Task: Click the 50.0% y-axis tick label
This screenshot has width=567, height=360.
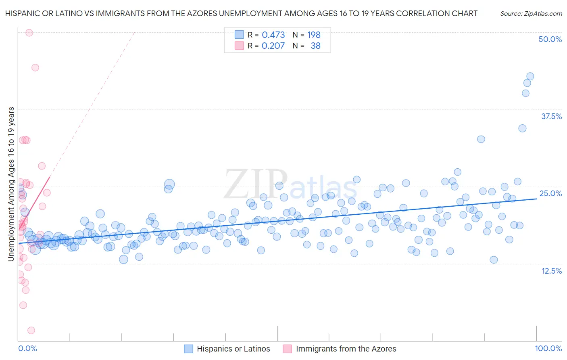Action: [550, 39]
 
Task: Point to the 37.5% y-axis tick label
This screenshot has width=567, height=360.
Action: [551, 116]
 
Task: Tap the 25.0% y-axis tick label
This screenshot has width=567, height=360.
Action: [550, 193]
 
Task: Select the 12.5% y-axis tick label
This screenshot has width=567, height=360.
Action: [551, 271]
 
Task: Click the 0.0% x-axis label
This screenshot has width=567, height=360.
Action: [27, 348]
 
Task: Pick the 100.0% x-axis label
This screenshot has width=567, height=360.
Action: [548, 348]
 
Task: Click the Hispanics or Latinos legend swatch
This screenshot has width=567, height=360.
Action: [188, 349]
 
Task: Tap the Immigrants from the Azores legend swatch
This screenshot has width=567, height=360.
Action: [287, 349]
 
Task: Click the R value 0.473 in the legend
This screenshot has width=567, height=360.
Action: [273, 35]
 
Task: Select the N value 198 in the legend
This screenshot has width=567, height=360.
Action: [314, 35]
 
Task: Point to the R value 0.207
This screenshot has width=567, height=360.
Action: [273, 46]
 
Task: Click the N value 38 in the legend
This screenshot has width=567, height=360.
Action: [315, 46]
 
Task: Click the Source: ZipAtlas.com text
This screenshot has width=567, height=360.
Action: [531, 14]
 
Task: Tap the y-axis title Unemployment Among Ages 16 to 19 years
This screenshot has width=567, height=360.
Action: [11, 184]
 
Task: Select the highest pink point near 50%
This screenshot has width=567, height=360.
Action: [29, 33]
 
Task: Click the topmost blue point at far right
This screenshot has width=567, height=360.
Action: [530, 76]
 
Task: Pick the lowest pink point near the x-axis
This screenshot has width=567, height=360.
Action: [31, 331]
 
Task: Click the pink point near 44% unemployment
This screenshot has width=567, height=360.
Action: [35, 67]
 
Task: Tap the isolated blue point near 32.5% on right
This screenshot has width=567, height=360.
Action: [481, 139]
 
